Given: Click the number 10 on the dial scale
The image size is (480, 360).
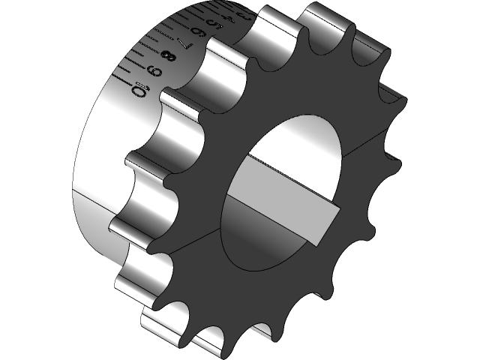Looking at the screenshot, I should (x=139, y=91).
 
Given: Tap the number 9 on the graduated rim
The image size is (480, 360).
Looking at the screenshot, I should (x=154, y=72).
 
